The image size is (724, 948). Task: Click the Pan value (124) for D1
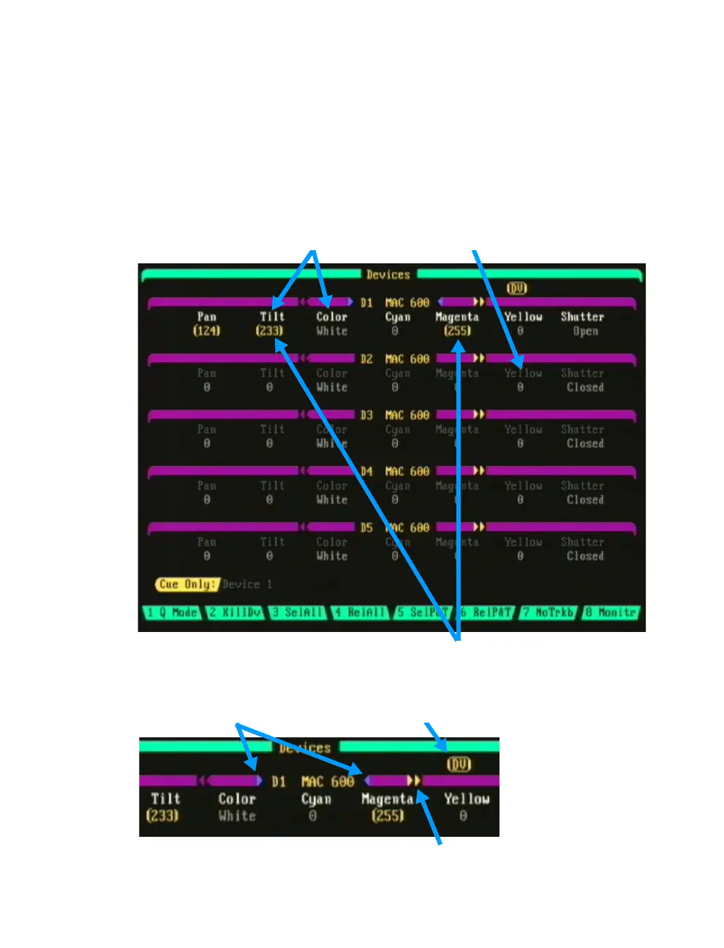tap(207, 331)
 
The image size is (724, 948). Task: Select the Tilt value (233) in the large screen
tap(270, 331)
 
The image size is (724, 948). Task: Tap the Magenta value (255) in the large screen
tap(457, 331)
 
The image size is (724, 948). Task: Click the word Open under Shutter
tap(585, 331)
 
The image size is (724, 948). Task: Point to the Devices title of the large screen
tap(388, 275)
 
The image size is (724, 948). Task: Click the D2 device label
tap(366, 358)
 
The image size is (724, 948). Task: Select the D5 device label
tap(366, 527)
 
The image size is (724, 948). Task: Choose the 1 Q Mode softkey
tap(172, 612)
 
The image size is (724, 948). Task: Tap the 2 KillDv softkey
tap(235, 612)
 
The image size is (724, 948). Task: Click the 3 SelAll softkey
tap(298, 612)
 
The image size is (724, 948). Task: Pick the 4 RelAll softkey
tap(361, 612)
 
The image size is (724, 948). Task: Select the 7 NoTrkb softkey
tap(548, 612)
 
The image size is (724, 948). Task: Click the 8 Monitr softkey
tap(611, 612)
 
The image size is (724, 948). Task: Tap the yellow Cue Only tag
tap(187, 584)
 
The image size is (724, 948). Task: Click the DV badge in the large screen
tap(517, 288)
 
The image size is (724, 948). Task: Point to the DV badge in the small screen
tap(459, 764)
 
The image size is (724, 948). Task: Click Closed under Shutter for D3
tap(585, 443)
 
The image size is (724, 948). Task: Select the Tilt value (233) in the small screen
tap(162, 815)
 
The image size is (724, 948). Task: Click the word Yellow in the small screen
tap(467, 799)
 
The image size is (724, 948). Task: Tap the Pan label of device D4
tap(207, 486)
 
